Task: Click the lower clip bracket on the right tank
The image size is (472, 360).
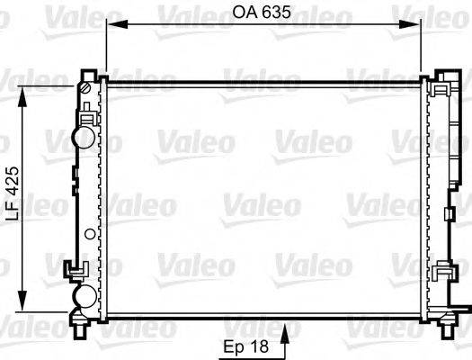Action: [x=442, y=271]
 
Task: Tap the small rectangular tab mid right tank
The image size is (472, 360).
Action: [x=447, y=214]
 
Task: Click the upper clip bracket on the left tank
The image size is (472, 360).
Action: [x=87, y=115]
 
